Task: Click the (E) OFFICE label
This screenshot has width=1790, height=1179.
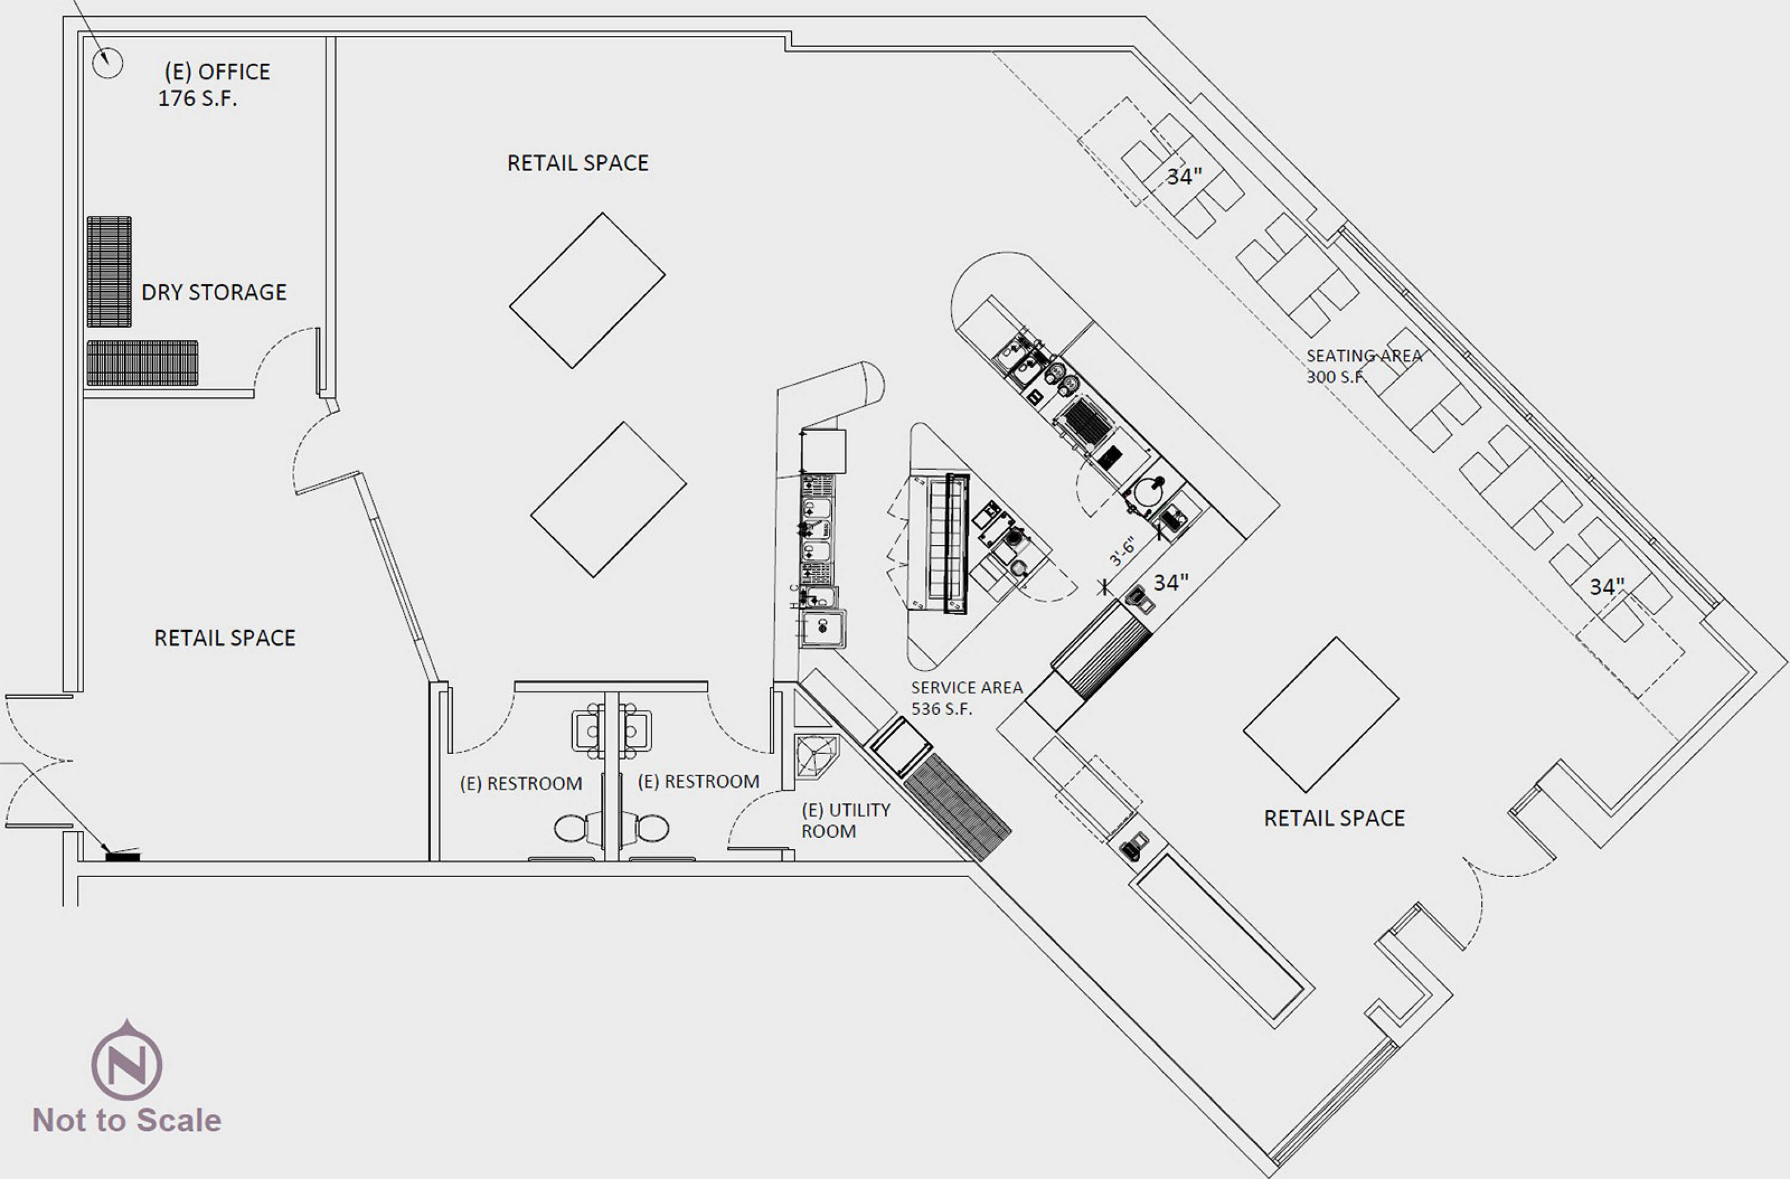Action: [217, 72]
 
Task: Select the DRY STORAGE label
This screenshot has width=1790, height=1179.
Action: [214, 292]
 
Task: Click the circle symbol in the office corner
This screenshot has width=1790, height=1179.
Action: [107, 63]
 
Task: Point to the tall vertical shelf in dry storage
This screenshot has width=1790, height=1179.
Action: [109, 272]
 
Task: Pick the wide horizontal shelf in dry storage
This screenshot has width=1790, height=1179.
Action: [142, 363]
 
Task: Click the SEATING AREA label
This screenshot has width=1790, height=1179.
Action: [1365, 356]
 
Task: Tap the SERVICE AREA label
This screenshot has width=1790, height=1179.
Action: [967, 687]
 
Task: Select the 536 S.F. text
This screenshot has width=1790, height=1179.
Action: [942, 708]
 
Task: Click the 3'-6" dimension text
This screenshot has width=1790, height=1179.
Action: [1122, 551]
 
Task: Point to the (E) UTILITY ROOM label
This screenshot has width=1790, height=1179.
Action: [846, 820]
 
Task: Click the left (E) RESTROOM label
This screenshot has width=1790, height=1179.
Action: [521, 783]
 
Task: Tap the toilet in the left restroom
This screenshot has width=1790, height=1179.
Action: [578, 829]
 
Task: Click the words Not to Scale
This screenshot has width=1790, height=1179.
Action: [127, 1121]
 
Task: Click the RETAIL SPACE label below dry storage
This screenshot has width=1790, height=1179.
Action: [225, 638]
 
